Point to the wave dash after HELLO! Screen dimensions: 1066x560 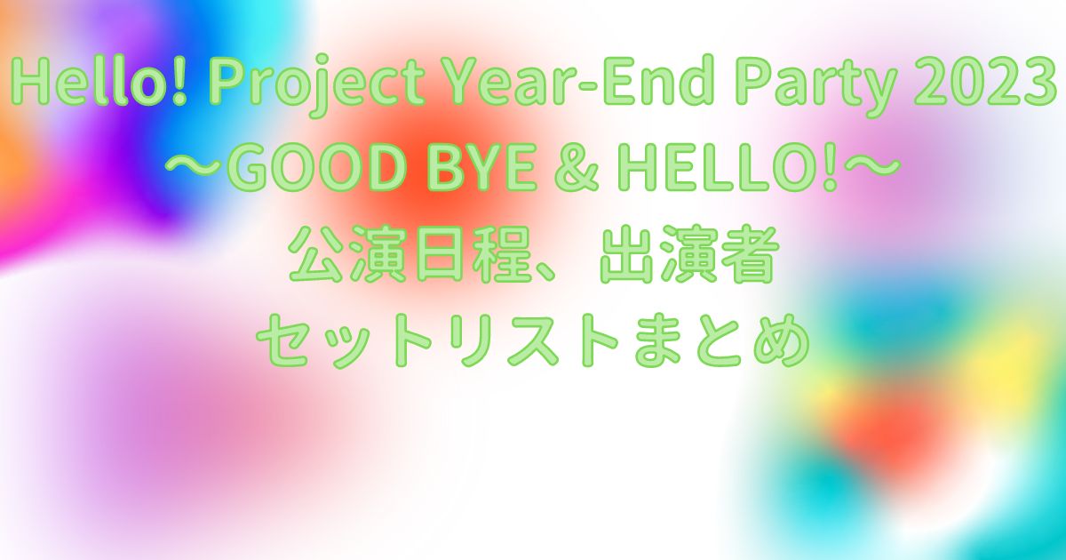[x=870, y=168]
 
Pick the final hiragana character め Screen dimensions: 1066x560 [x=781, y=340]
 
